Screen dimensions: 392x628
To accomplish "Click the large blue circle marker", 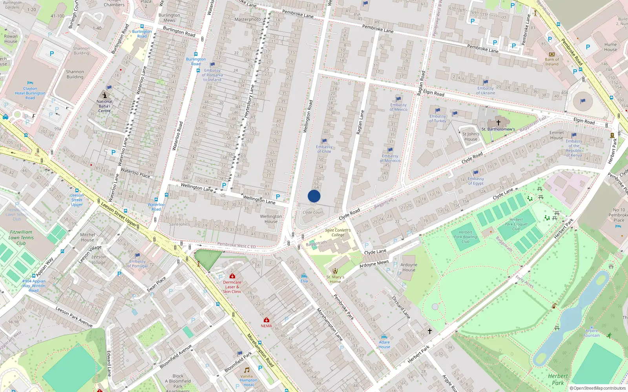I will click(314, 196).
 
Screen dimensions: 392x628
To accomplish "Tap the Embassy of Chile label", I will click(324, 149).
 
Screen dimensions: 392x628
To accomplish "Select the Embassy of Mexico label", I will click(398, 107).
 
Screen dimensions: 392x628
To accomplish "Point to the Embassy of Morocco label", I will click(390, 158).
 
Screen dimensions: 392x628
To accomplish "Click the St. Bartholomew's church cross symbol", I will click(498, 123).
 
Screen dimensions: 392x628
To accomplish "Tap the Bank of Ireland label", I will click(552, 62).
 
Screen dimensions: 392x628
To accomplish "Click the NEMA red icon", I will click(267, 320).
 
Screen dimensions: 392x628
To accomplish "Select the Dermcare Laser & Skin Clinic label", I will click(232, 287).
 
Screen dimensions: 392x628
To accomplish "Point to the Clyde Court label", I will click(313, 212).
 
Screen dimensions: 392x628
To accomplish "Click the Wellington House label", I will click(271, 219).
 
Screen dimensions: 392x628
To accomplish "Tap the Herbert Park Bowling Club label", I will click(466, 237).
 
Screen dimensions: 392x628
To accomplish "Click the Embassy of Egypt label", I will click(476, 181).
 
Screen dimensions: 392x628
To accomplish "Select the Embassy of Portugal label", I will click(137, 263).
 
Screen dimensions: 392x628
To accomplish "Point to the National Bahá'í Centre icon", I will click(105, 95).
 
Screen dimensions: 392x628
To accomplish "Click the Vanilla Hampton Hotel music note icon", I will click(247, 370).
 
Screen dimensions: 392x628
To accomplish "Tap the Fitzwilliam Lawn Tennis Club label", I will click(21, 238).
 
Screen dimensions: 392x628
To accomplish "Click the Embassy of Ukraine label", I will click(486, 91).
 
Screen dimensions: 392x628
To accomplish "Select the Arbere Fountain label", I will click(591, 333).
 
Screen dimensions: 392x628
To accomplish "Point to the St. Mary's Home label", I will click(335, 279).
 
